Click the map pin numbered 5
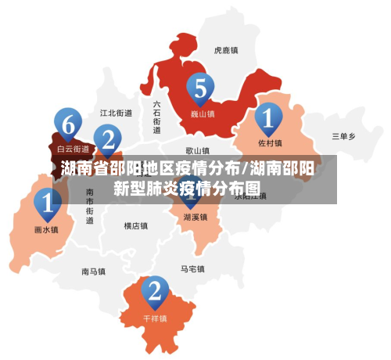pyautogui.click(x=201, y=89)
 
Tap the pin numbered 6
pyautogui.click(x=69, y=124)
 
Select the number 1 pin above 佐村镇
pyautogui.click(x=268, y=119)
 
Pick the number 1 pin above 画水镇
pyautogui.click(x=47, y=205)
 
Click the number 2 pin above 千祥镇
pyautogui.click(x=155, y=292)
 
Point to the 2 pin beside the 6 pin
pyautogui.click(x=108, y=141)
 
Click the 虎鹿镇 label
pyautogui.click(x=226, y=49)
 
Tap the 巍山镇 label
pyautogui.click(x=203, y=113)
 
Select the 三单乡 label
pyautogui.click(x=343, y=136)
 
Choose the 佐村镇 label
pyautogui.click(x=270, y=143)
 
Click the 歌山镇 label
pyautogui.click(x=197, y=150)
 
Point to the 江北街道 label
pyautogui.click(x=117, y=113)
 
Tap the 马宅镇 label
pyautogui.click(x=192, y=269)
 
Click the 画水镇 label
pyautogui.click(x=46, y=230)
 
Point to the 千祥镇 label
pyautogui.click(x=156, y=319)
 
